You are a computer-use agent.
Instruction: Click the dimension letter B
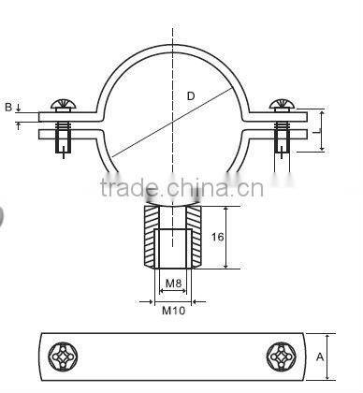pos(8,108)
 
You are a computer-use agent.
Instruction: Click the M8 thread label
pos(172,283)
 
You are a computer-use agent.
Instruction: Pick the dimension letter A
pos(321,356)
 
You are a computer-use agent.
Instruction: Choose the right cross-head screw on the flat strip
pos(281,356)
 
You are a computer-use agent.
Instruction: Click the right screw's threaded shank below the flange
pos(282,140)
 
